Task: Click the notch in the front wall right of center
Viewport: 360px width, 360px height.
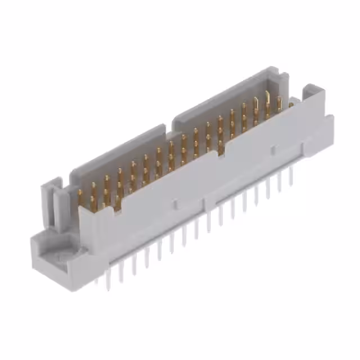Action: (222, 147)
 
